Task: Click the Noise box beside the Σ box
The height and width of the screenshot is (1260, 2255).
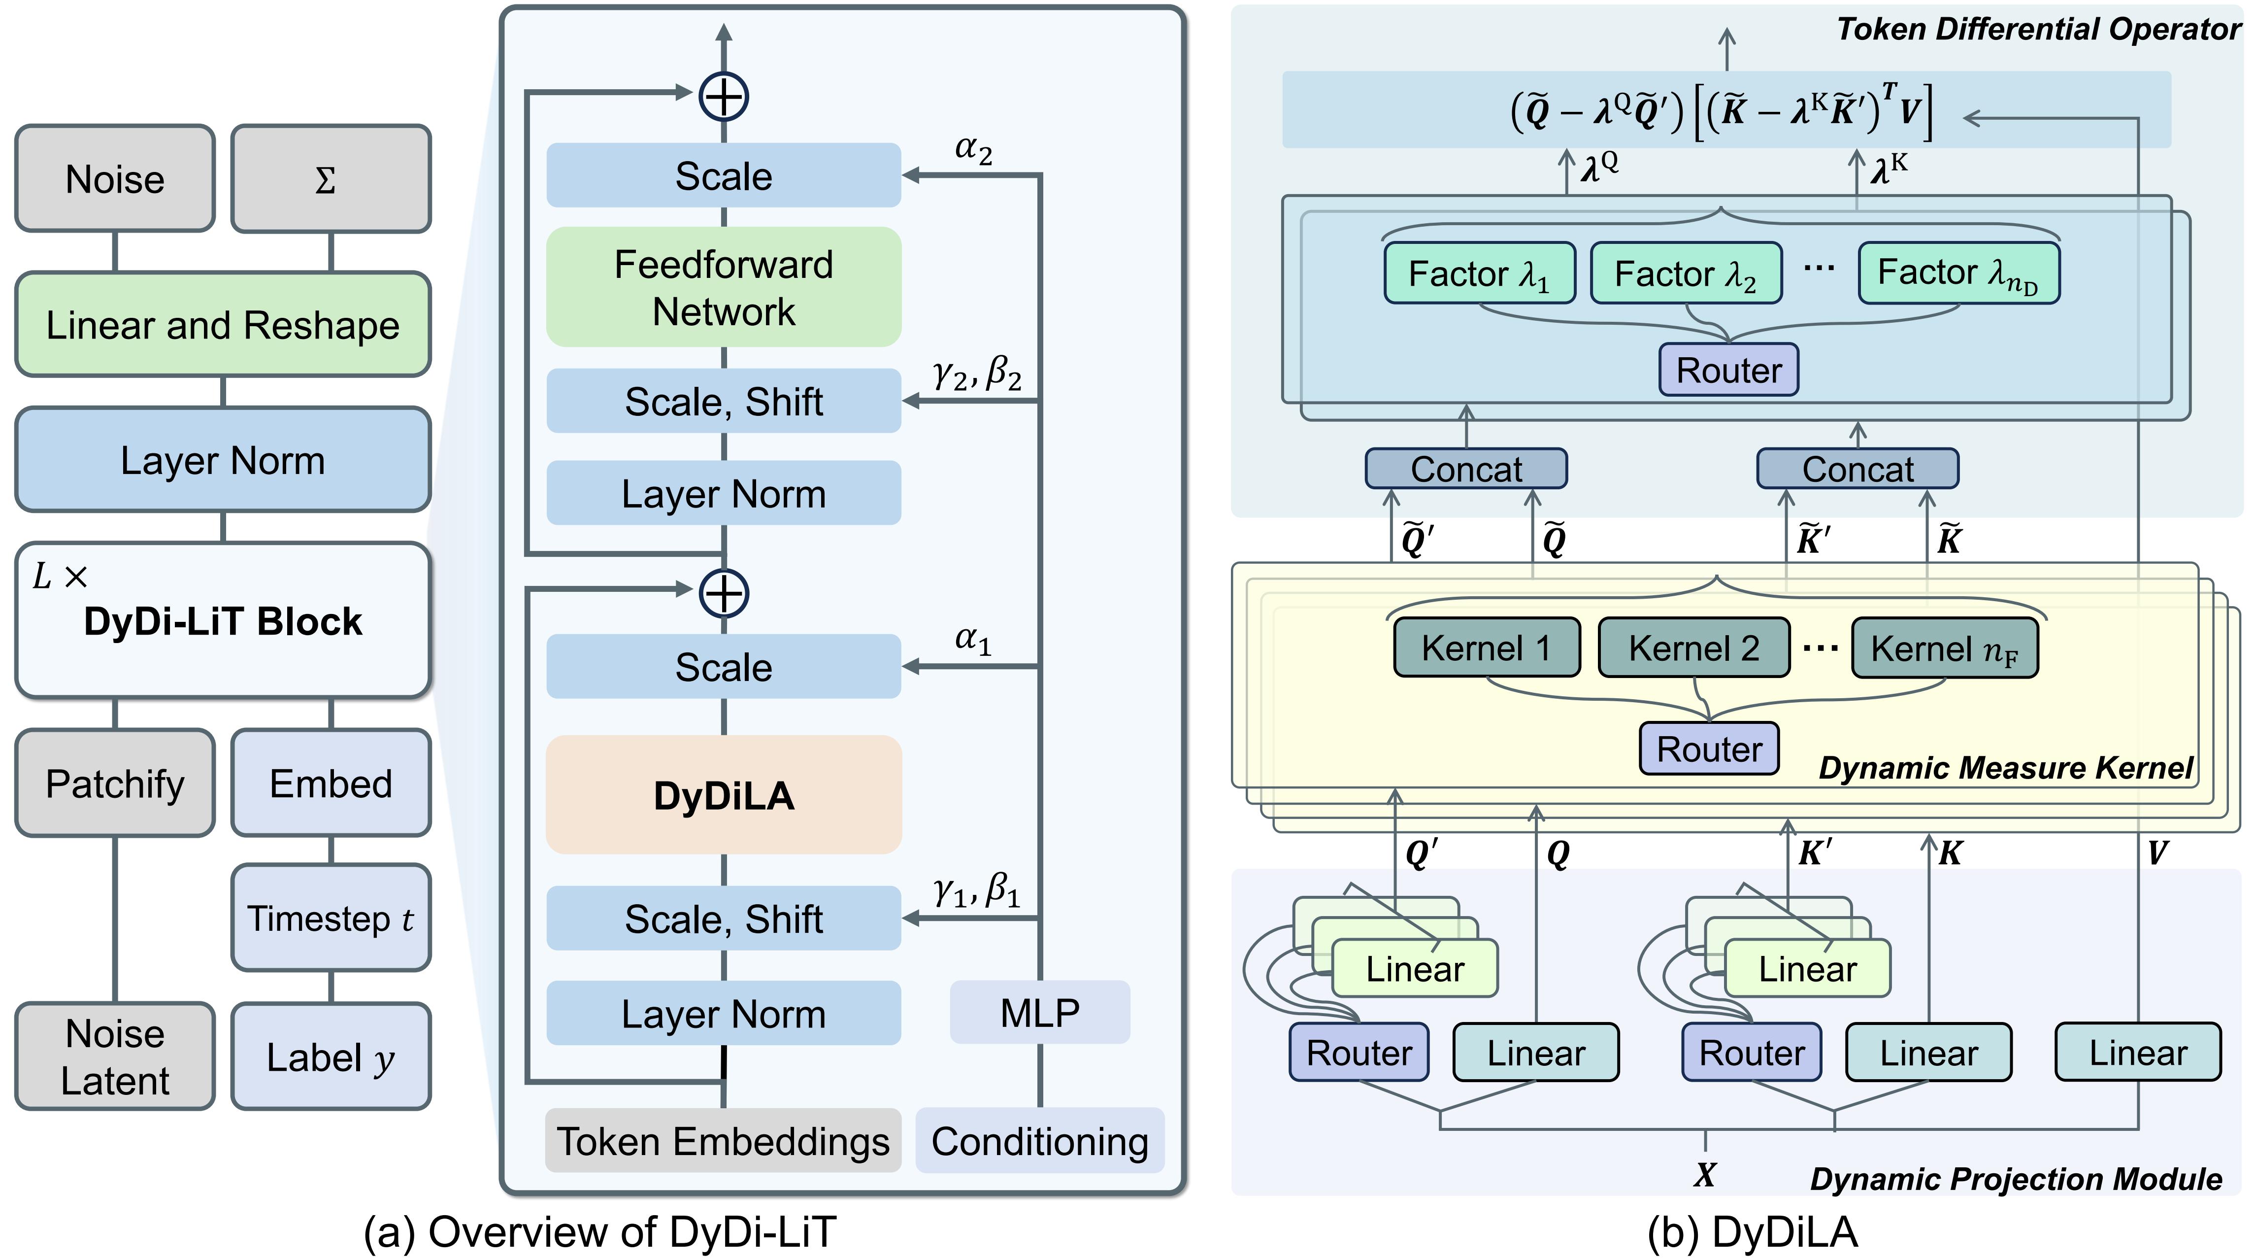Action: [x=115, y=178]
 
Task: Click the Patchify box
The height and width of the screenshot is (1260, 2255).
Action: [x=115, y=783]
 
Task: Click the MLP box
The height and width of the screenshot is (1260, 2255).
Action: [x=1039, y=1012]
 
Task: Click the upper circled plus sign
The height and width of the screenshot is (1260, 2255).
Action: [x=723, y=96]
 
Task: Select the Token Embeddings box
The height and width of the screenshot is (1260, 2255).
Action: [x=723, y=1141]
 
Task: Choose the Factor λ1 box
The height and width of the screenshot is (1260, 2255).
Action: [x=1479, y=273]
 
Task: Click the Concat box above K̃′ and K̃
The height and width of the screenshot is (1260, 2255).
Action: [x=1857, y=469]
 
